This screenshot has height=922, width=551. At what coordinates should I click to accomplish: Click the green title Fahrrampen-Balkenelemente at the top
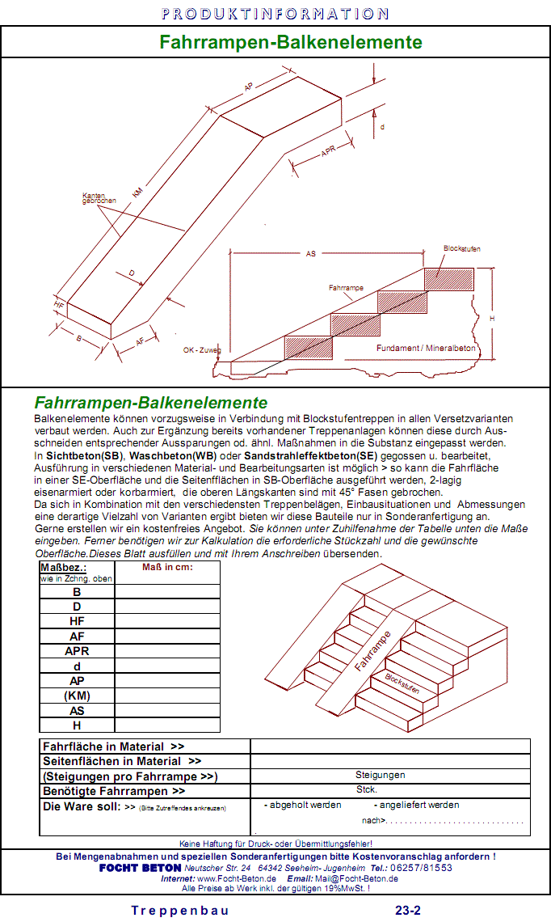click(x=290, y=42)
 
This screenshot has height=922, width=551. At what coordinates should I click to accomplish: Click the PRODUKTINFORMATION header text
click(x=275, y=14)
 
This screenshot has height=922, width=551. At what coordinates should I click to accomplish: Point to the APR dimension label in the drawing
click(x=328, y=152)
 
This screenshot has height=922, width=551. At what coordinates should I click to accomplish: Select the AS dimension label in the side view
click(x=311, y=253)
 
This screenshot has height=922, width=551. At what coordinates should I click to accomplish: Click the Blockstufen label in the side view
click(x=461, y=248)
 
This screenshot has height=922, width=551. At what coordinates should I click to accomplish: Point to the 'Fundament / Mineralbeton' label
click(x=426, y=348)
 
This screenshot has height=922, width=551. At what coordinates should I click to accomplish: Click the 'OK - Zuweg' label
click(x=201, y=351)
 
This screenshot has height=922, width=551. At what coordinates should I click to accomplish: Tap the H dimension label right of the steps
click(x=492, y=319)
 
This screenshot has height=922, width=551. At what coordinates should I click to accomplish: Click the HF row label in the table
click(x=77, y=621)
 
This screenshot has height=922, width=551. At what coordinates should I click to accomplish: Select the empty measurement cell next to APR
click(x=167, y=651)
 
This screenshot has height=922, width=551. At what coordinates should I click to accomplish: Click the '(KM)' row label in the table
click(x=77, y=696)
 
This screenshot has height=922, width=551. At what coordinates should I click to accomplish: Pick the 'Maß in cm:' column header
click(x=167, y=567)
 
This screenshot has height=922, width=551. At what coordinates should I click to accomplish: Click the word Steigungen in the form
click(x=380, y=775)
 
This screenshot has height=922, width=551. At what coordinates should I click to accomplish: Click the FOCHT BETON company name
click(x=140, y=868)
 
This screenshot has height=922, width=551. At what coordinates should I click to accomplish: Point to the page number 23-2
click(x=408, y=910)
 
